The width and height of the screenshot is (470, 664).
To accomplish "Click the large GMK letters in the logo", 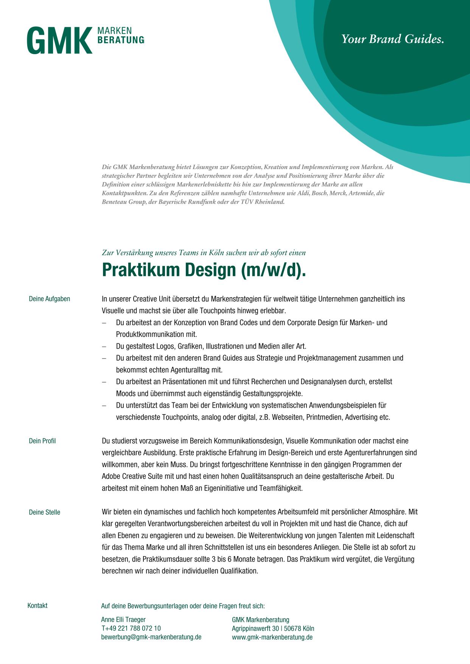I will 60,40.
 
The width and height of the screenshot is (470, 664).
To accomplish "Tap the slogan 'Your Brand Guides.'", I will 392,39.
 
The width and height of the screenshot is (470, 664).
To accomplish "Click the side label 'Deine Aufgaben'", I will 50,299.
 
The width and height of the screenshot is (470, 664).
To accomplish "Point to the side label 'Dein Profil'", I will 42,441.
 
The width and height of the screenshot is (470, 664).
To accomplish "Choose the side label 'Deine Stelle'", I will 45,512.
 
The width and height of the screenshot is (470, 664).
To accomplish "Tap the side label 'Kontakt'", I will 37,606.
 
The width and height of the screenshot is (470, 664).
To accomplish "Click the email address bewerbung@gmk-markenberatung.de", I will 151,637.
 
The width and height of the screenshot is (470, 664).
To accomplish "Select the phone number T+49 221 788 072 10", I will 131,628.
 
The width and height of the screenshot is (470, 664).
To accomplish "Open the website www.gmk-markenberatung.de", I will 272,637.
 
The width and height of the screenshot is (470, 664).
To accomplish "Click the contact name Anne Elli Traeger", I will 123,620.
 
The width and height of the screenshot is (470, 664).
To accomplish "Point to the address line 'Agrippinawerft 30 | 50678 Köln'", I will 273,628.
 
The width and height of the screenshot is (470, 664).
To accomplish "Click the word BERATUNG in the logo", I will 121,40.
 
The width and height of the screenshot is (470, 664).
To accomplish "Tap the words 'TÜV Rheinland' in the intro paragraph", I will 266,202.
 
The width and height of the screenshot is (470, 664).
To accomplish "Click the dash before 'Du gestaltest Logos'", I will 104,346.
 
